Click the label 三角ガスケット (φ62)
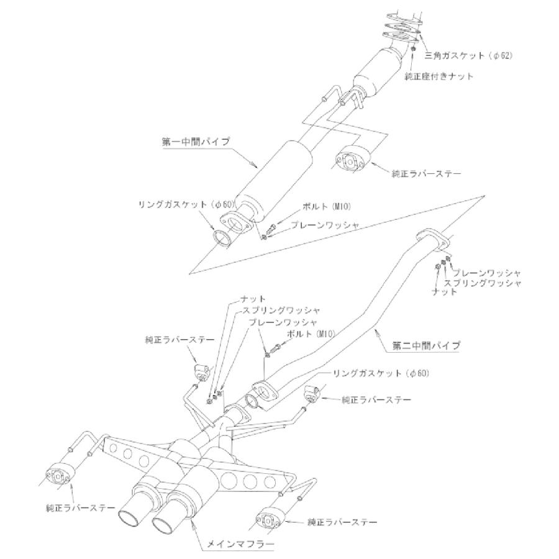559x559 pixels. pos(468,56)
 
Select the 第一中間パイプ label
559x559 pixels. pos(192,142)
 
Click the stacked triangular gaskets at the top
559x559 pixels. pos(404,28)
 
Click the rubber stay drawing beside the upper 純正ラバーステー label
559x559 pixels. pos(352,160)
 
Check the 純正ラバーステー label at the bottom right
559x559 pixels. pos(342,522)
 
